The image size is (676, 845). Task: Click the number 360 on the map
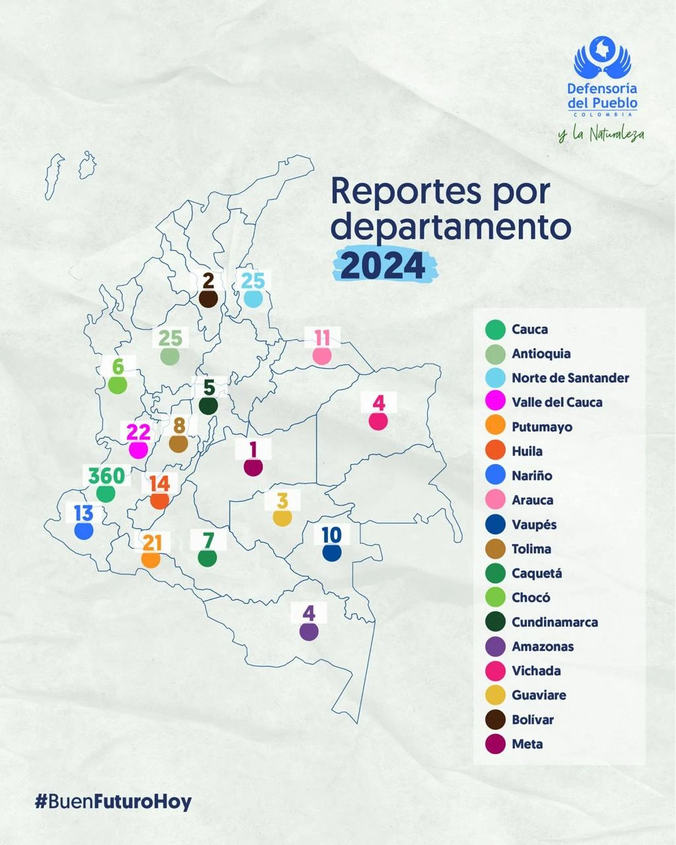(x=106, y=475)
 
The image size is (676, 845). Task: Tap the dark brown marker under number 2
(x=209, y=298)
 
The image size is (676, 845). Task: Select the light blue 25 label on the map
(x=253, y=281)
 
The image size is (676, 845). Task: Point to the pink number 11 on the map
(x=322, y=338)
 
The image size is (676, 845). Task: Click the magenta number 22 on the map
(x=139, y=432)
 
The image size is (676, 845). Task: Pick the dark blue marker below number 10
(x=331, y=553)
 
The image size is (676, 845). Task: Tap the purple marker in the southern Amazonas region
(x=308, y=631)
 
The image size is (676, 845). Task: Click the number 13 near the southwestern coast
(x=84, y=513)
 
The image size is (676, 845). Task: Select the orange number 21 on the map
(x=152, y=543)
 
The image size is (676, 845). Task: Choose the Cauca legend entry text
(x=529, y=329)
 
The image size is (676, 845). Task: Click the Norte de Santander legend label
(x=570, y=378)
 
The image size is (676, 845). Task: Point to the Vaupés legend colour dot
(x=495, y=525)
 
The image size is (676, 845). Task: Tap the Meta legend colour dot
(x=495, y=744)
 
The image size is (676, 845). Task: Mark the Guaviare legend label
(x=539, y=695)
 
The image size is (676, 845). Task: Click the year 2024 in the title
(x=384, y=266)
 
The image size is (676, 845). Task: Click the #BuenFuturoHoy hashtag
(x=113, y=802)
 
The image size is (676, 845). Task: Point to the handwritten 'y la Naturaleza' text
(x=601, y=135)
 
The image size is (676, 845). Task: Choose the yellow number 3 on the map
(x=283, y=500)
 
